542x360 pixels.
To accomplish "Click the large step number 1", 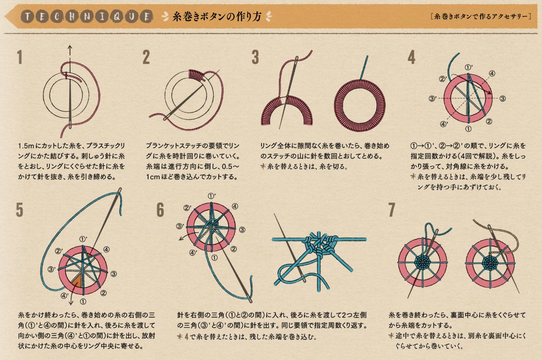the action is (x=20, y=57).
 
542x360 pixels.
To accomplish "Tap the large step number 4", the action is (x=411, y=57).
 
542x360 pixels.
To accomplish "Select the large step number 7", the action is (x=392, y=210).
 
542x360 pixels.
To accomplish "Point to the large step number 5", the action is (x=20, y=210).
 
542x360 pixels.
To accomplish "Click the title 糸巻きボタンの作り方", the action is (x=217, y=16).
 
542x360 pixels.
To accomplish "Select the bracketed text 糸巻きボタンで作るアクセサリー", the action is (x=481, y=16).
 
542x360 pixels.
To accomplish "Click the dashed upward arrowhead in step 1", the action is (x=70, y=48).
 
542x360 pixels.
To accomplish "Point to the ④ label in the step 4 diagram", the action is (x=492, y=73).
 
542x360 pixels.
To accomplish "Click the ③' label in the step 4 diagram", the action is (x=432, y=99).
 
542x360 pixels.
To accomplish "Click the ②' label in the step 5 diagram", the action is (x=59, y=251).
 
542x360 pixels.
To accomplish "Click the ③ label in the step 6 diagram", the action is (x=242, y=229).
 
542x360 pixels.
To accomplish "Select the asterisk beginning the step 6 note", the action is (x=180, y=336).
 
